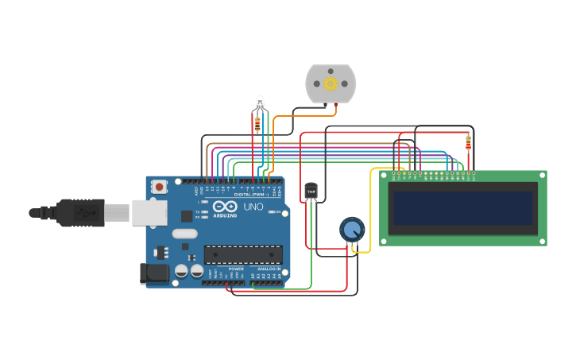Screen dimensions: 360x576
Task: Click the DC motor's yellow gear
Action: pos(331,83)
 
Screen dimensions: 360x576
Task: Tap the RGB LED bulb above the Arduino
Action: pos(259,102)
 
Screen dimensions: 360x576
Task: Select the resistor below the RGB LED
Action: pos(257,123)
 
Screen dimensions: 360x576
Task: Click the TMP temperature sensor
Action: pos(311,191)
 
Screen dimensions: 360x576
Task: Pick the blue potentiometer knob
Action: pos(351,230)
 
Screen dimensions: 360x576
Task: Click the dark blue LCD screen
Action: pos(462,208)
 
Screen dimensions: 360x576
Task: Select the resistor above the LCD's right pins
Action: pos(468,143)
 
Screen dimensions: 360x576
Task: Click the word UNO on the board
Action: pos(253,206)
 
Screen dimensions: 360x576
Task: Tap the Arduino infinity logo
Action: pos(225,207)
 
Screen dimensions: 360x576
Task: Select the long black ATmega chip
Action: pos(242,254)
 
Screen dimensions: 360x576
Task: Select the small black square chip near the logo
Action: pos(187,215)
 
